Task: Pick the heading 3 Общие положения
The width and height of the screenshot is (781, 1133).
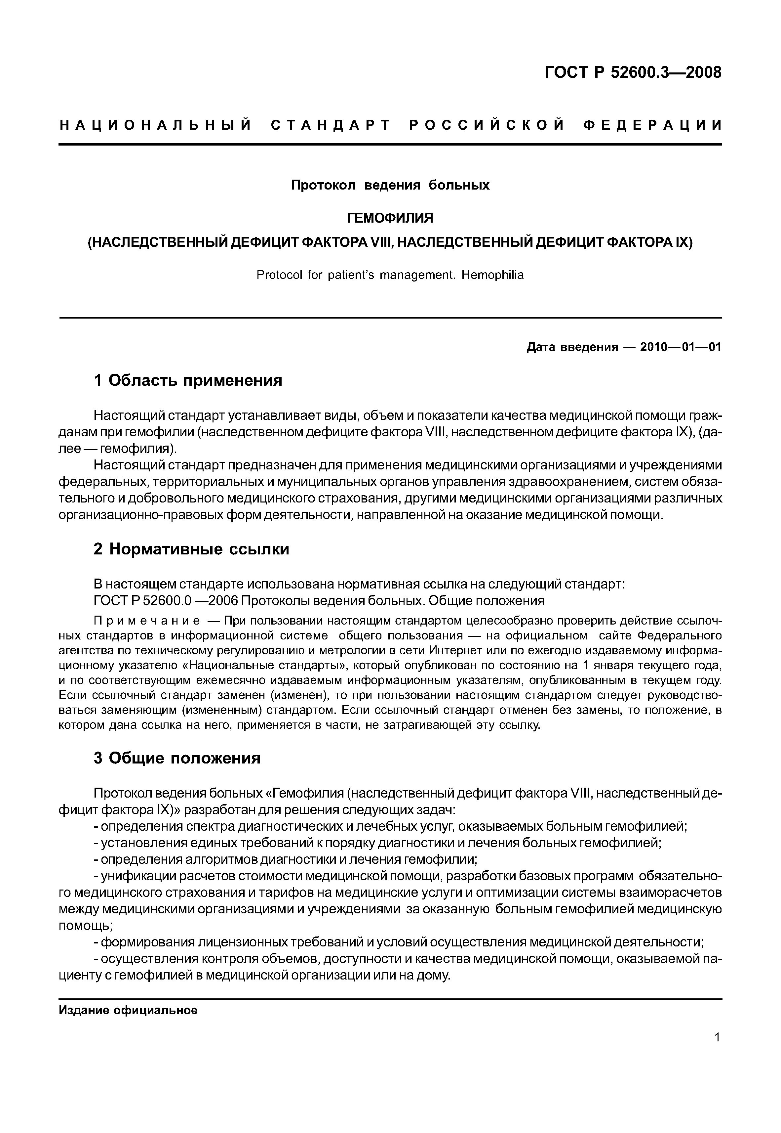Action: pyautogui.click(x=177, y=759)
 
